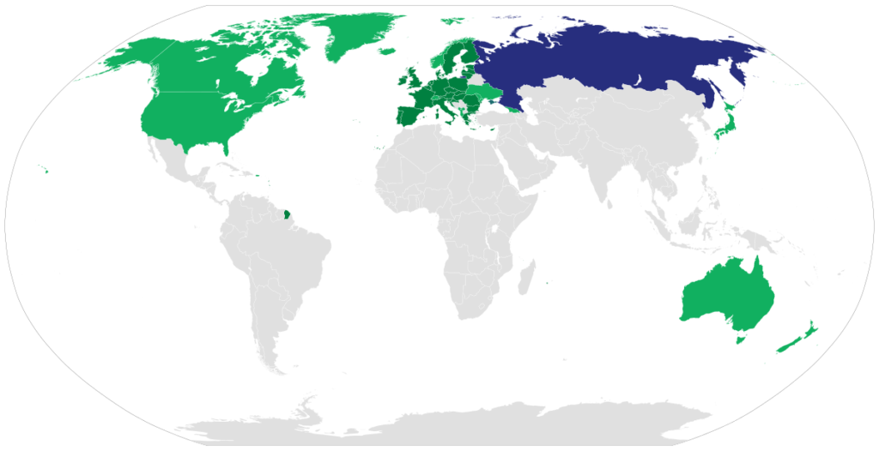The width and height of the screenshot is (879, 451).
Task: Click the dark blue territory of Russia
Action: click(x=601, y=60)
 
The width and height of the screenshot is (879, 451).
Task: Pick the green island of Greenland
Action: click(x=356, y=34)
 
